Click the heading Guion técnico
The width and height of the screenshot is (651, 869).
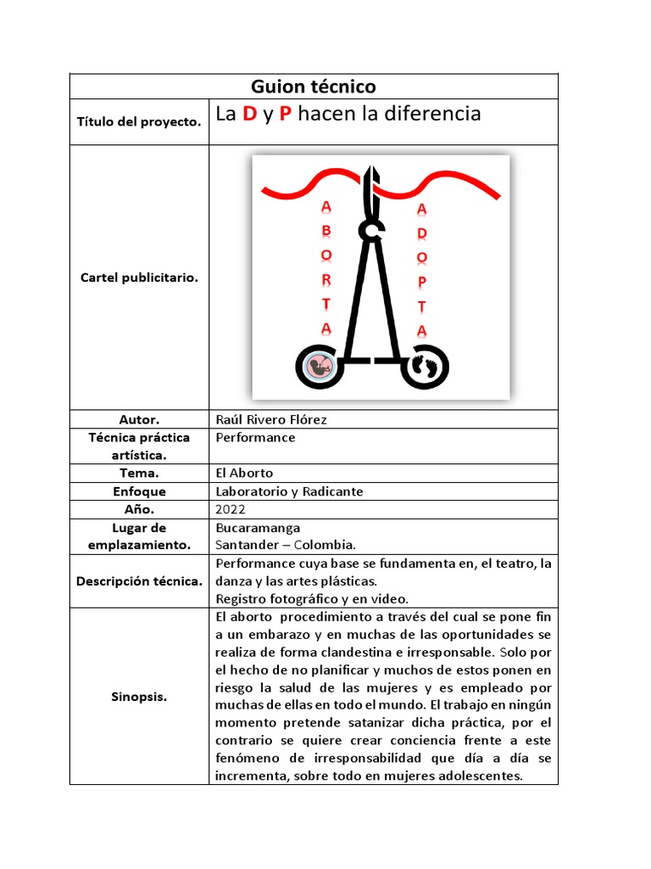[313, 87]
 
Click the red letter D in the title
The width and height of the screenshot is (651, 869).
[249, 115]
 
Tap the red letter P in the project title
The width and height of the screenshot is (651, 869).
[286, 115]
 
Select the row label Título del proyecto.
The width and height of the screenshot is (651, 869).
[139, 122]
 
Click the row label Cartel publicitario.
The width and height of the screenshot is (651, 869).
[139, 278]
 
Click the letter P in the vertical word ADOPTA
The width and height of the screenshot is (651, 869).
[422, 281]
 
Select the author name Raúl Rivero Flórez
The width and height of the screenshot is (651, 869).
[271, 419]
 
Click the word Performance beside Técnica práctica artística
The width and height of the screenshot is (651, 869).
[256, 438]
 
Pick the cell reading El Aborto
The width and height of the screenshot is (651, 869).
[245, 473]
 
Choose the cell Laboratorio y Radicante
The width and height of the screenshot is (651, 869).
[289, 491]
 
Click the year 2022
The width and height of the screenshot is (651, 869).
[231, 510]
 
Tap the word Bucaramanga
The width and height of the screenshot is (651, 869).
[258, 528]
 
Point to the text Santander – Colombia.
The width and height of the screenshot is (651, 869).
[286, 545]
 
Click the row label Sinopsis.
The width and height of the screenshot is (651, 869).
[139, 697]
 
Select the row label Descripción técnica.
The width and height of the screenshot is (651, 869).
[139, 581]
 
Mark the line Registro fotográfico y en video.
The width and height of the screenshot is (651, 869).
[312, 598]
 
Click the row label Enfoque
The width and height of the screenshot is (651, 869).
[139, 491]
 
